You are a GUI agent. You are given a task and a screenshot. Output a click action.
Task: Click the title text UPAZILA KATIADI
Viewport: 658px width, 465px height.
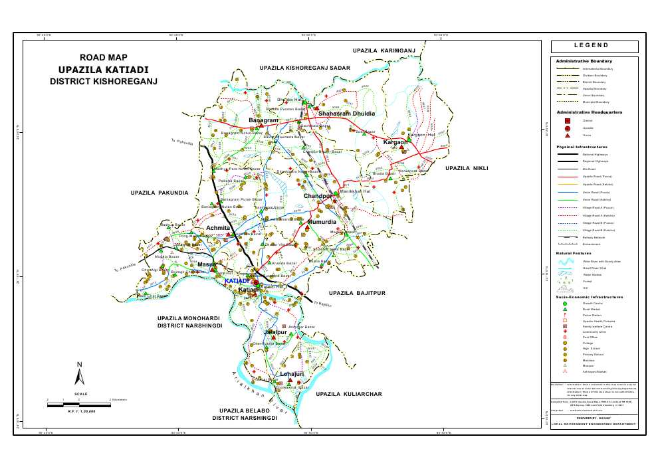click(103, 70)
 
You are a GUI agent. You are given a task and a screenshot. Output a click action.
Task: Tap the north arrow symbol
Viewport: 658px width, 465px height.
click(79, 375)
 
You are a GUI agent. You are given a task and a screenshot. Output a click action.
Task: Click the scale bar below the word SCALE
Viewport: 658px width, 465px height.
click(78, 404)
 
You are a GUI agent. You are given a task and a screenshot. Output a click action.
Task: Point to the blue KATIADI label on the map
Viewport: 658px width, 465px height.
click(237, 282)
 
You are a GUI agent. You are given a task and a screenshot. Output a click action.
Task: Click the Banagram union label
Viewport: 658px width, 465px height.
click(263, 120)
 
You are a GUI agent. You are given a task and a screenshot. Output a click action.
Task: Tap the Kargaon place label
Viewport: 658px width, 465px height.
click(395, 142)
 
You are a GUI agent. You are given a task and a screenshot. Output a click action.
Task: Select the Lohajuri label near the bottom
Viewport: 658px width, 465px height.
click(292, 374)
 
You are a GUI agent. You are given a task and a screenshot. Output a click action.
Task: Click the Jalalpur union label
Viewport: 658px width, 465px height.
click(275, 331)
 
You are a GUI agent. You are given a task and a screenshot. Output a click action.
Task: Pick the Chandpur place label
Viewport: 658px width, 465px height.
click(317, 197)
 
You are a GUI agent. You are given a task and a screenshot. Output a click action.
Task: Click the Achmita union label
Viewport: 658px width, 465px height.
click(218, 228)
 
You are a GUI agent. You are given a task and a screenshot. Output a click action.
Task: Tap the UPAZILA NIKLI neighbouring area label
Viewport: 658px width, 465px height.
click(467, 168)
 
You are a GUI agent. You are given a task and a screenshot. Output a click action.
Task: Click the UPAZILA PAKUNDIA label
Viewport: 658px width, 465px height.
click(160, 193)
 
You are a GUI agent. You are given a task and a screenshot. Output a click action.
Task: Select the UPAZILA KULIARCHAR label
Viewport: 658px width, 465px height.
click(349, 394)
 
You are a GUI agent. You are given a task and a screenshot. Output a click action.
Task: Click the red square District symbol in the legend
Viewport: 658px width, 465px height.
click(567, 121)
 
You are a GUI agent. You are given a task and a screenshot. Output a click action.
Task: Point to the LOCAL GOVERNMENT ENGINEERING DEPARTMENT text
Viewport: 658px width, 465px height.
click(594, 424)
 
